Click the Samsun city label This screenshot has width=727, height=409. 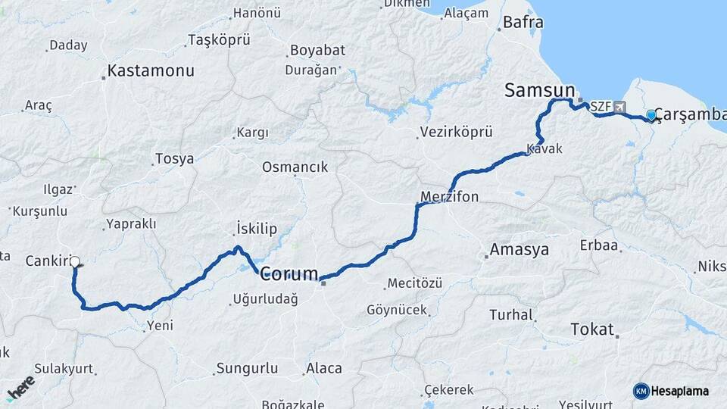pos(539,90)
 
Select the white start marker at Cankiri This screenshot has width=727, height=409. pos(74,262)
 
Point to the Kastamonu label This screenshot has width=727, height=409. pos(151,71)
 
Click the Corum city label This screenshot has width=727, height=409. pos(289,274)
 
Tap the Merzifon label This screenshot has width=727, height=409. pos(449,197)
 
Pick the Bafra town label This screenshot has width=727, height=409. pos(523,23)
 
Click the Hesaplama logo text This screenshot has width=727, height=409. pos(680,391)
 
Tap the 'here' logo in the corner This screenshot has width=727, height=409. pos(20,388)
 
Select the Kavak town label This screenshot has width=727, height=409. pos(545,148)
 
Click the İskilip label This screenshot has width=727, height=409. pos(257,229)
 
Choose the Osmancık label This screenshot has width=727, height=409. pos(295,167)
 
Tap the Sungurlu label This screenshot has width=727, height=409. pos(247,369)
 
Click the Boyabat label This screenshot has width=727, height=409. pos(316,51)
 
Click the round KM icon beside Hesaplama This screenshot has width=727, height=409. pos(641,391)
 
